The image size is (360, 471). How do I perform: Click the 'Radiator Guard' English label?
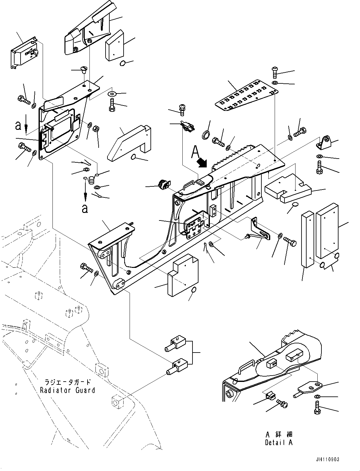click(x=67, y=390)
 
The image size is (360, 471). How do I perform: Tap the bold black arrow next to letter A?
click(x=201, y=163)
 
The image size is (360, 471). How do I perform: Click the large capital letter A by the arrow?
click(x=195, y=153)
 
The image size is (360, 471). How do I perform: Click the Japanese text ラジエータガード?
click(x=67, y=382)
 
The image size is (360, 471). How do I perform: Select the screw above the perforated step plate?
click(x=274, y=72)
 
